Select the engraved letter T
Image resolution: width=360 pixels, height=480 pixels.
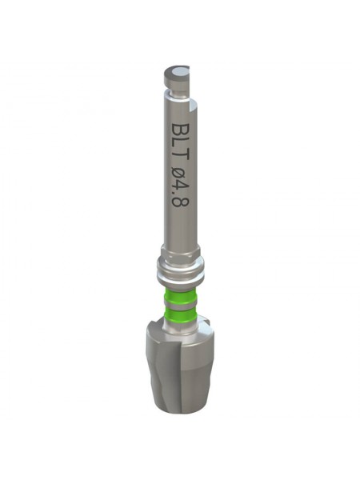180,161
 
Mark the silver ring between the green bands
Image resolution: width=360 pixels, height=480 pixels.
179,305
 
